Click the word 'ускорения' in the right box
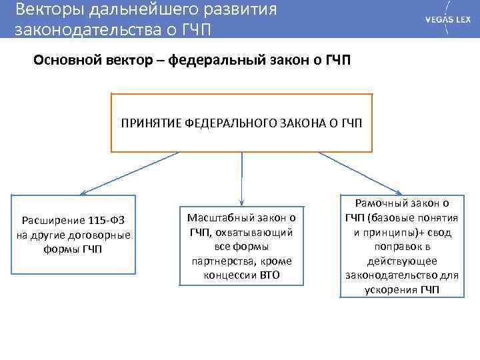click(x=391, y=290)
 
